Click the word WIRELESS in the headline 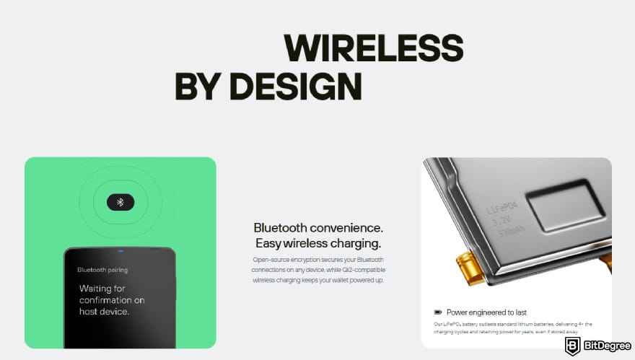(x=373, y=48)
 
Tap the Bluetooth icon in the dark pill (x=121, y=202)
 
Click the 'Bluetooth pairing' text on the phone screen (x=102, y=270)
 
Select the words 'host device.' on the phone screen (x=105, y=312)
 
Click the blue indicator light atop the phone (x=120, y=251)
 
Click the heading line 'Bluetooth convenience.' (x=317, y=227)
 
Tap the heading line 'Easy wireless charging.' (x=317, y=243)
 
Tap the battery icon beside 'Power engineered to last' (x=437, y=312)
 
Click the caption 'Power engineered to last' (x=486, y=312)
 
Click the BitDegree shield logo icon (x=573, y=346)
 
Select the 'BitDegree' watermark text (x=605, y=346)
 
